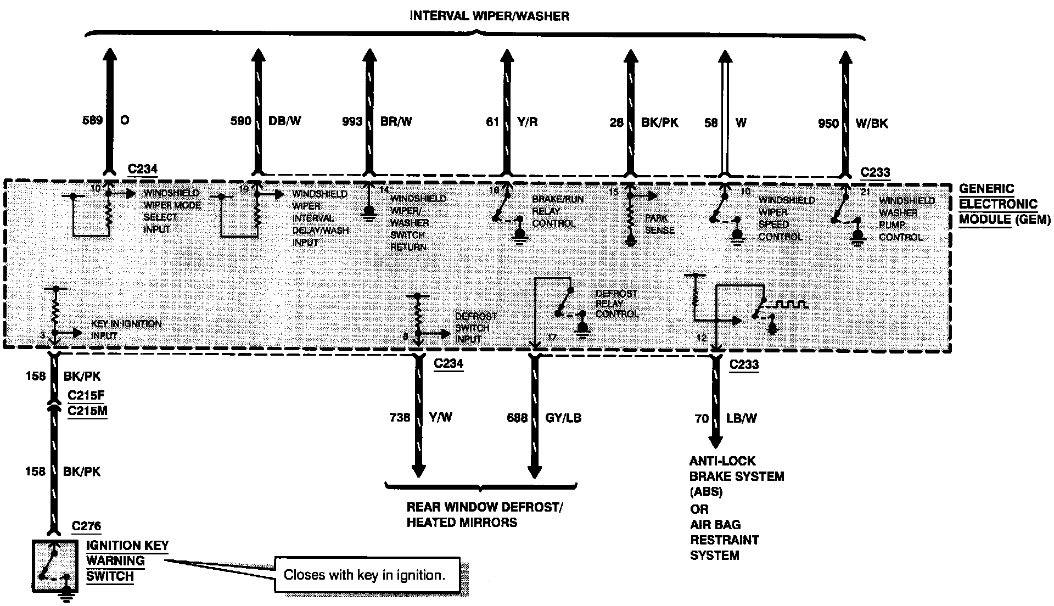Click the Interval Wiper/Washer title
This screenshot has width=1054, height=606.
(x=489, y=16)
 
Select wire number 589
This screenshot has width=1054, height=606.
(x=92, y=120)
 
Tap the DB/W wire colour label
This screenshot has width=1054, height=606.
(x=285, y=121)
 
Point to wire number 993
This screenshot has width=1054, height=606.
(x=351, y=121)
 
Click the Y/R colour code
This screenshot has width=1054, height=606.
(x=526, y=122)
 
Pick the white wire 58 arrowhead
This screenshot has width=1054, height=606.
(x=725, y=57)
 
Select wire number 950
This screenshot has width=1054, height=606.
(x=828, y=124)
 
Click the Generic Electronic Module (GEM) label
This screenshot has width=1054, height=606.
(x=1004, y=204)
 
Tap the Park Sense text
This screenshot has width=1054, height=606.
(x=659, y=224)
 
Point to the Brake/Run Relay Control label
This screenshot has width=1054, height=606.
(x=553, y=211)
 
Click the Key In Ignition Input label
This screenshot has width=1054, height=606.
(x=126, y=329)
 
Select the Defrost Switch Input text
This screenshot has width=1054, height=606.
(x=475, y=328)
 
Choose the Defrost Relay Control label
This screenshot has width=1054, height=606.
(x=616, y=304)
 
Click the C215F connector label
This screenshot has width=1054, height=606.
(x=87, y=395)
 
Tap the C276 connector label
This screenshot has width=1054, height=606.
(x=87, y=526)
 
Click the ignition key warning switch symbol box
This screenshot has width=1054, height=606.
(x=54, y=566)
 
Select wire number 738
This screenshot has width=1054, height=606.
(x=400, y=418)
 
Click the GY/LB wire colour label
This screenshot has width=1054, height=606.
(x=563, y=418)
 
